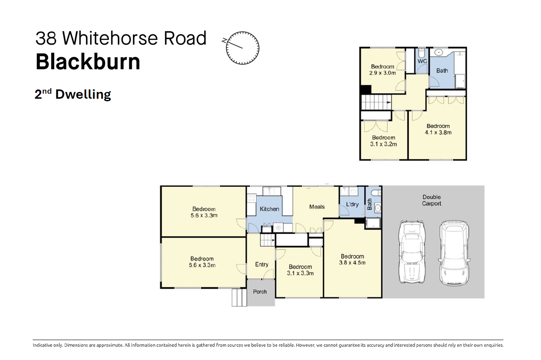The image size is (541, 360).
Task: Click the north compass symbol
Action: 242,48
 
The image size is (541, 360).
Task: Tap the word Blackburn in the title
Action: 88,62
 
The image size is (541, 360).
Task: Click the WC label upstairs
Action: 422,61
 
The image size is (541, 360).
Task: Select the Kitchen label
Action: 269,209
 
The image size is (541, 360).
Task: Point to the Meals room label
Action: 317,207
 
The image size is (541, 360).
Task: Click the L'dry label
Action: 352,204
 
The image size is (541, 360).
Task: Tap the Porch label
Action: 260,292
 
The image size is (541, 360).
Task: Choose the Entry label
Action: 262,265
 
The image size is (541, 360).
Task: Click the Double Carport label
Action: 431,200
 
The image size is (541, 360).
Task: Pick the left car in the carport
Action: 412,252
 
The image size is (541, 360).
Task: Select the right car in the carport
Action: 454,253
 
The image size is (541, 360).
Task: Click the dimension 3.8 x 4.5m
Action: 352,263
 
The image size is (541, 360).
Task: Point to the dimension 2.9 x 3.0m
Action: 383,73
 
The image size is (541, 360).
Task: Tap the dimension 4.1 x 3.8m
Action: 438,132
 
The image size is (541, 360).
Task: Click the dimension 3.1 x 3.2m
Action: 384,144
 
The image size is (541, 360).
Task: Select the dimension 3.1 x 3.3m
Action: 300,273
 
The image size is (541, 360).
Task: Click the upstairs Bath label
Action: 442,71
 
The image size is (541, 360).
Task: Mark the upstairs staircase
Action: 376,102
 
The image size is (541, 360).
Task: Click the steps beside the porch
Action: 239,297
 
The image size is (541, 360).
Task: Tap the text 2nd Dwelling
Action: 73,94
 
